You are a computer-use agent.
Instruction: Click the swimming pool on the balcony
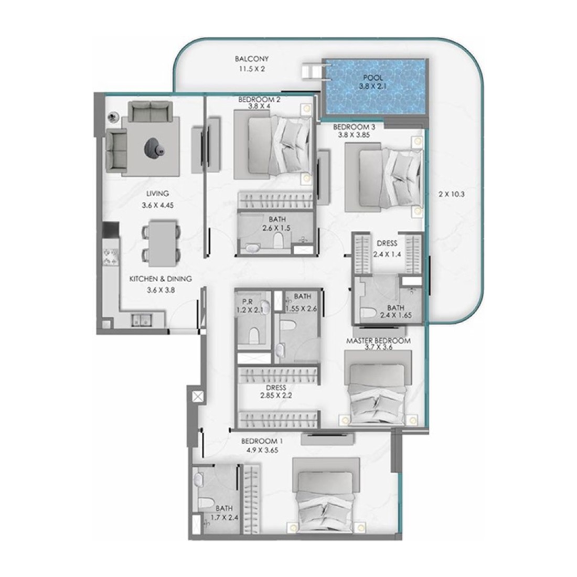coord(376,88)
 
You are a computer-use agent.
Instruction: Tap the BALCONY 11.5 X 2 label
coord(252,63)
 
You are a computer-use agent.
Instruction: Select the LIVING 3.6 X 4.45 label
coord(157,199)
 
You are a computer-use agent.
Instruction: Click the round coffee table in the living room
coord(154,147)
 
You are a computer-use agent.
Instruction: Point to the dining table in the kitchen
coord(161,243)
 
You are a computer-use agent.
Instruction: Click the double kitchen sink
coord(141,320)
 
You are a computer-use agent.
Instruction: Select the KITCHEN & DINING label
coord(161,279)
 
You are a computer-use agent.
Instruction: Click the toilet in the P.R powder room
coord(254,335)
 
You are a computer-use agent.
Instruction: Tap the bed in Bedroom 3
coord(383,177)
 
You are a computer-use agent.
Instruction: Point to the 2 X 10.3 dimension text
coord(452,194)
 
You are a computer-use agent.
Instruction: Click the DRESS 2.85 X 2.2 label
coord(275,391)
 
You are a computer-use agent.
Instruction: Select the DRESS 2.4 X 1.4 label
coord(387,249)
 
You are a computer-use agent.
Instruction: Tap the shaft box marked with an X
coord(198,397)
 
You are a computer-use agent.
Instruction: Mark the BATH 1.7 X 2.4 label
coord(224,512)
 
